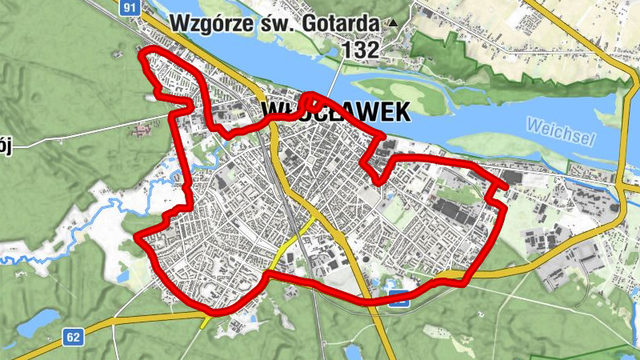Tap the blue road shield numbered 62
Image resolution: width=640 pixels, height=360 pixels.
pos(73,338)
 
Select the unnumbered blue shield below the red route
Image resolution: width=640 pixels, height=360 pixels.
pos(399,302)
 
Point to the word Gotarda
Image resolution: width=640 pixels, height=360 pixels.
pos(342,23)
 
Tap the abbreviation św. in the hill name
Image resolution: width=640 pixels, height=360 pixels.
pos(275,23)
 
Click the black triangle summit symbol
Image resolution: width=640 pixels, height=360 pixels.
pos(392,24)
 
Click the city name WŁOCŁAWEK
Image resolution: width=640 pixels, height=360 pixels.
pos(336,111)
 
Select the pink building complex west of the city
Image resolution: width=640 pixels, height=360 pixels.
pos(144,128)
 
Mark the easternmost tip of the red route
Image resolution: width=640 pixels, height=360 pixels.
pos(506,189)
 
